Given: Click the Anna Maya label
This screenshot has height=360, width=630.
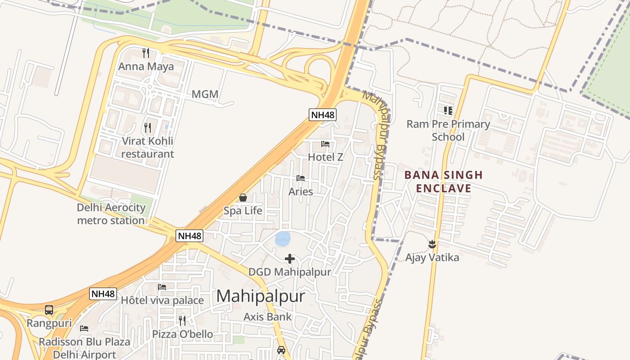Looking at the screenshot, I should coord(146,67).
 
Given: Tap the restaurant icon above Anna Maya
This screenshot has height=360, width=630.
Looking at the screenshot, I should coord(145,53).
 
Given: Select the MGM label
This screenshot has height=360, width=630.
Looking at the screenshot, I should coord(205,94).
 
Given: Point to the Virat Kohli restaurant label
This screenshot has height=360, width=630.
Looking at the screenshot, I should coord(148,147).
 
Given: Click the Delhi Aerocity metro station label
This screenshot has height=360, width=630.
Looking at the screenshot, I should coord(111,214).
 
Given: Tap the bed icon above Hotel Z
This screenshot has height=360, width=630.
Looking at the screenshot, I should coord(325,144).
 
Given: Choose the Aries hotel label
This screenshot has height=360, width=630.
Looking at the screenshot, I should coord(301,192).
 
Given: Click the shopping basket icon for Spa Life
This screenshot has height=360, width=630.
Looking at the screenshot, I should coord(243,198).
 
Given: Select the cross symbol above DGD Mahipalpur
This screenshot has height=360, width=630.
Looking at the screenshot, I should coord(290,259).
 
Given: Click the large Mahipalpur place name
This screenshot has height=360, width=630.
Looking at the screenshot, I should coord(261,296).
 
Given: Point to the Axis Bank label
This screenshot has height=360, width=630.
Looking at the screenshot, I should coord(268,317).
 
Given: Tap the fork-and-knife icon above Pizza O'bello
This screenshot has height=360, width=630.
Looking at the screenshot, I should coord(182,320).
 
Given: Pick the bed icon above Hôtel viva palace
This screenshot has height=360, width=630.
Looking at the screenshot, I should coord(162,287).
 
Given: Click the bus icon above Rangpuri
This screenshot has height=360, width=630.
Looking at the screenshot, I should coord(49,310).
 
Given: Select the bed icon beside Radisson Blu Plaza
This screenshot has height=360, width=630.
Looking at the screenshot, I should coord(84,328).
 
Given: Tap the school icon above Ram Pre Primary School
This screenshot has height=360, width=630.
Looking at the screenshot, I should coord(448,110).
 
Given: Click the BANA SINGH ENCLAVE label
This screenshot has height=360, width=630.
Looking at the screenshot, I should coord(443,181).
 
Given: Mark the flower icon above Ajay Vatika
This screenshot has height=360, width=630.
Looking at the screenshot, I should coord(432,244).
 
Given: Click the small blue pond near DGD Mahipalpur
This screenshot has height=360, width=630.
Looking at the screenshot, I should coord(283,238).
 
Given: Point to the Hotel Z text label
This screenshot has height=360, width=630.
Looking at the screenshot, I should coord(325,157).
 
